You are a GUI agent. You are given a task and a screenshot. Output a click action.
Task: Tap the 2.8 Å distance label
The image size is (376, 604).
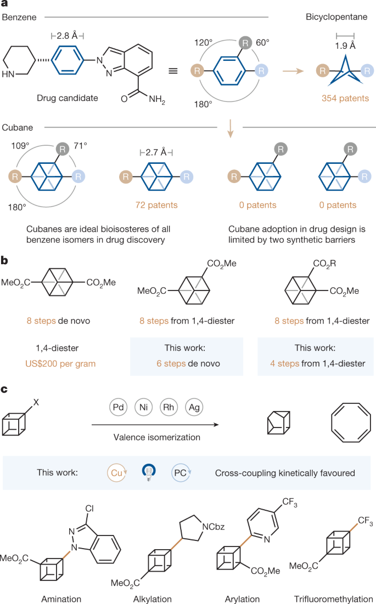point(66,36)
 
